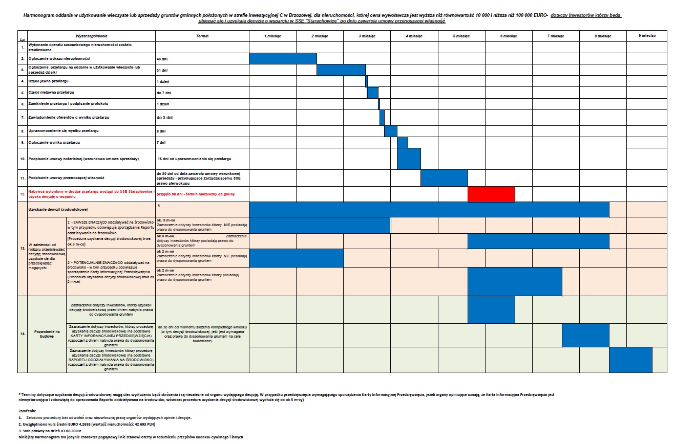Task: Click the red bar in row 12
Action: (491, 194)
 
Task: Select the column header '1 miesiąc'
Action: (272, 36)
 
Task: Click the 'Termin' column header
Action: (202, 36)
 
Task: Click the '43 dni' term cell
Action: (162, 59)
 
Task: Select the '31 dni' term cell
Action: (162, 70)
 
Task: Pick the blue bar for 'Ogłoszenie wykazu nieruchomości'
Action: (283, 58)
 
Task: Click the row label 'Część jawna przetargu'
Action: (49, 81)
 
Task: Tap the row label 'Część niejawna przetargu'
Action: (51, 93)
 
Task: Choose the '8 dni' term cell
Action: (161, 131)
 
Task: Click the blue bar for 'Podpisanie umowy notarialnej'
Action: (409, 159)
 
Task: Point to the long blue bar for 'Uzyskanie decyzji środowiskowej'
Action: (429, 210)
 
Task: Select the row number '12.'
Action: (23, 194)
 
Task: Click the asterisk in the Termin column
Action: (159, 206)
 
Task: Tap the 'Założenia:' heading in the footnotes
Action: (27, 411)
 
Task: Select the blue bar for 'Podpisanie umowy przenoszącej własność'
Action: (444, 177)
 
